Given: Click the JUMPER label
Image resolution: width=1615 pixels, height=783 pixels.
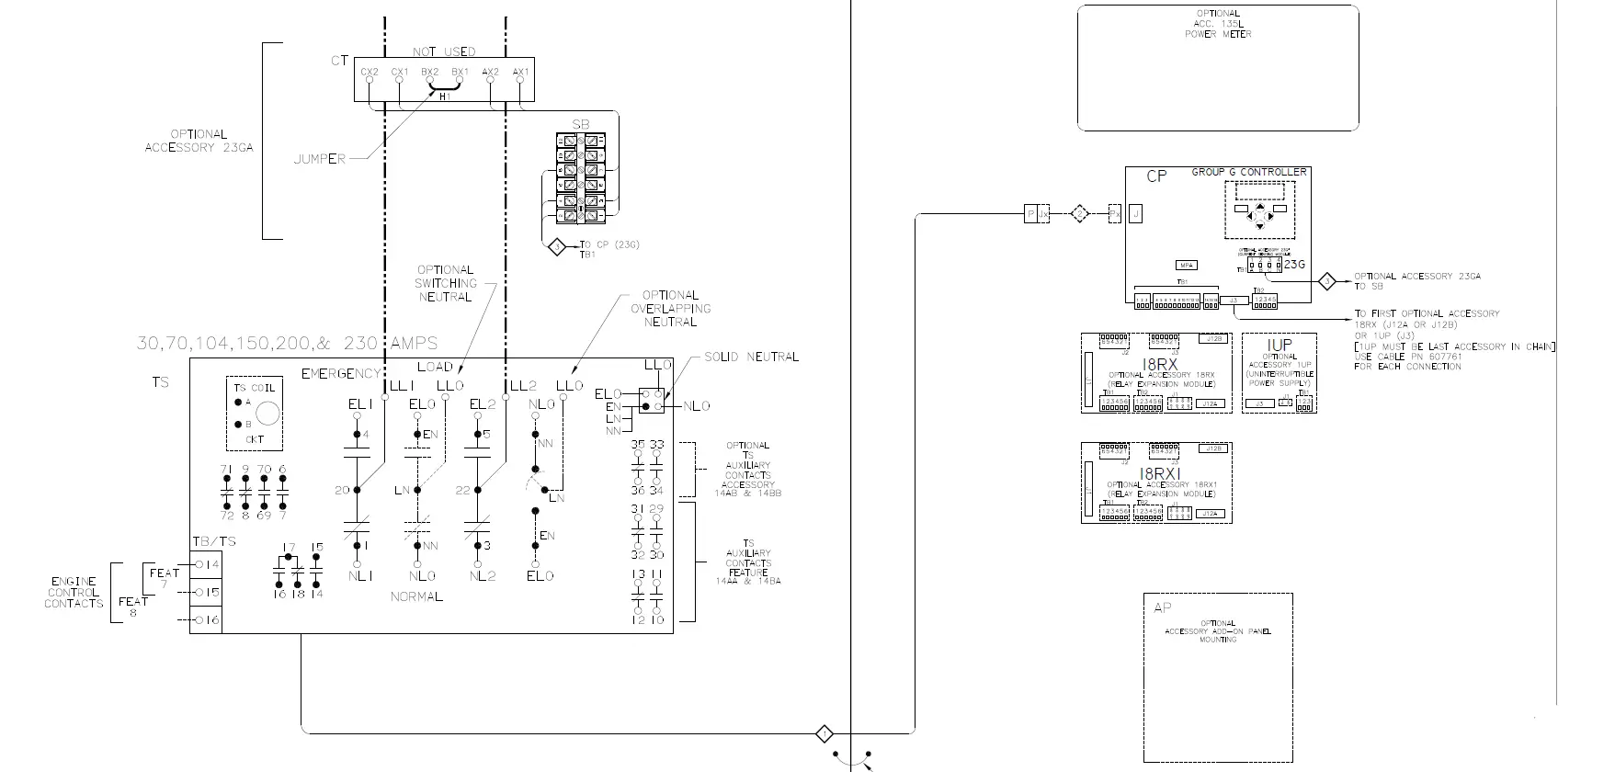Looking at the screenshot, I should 319,159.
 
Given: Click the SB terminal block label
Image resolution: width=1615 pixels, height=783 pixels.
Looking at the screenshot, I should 581,125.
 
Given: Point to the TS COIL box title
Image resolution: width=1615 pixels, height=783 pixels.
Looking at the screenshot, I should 255,388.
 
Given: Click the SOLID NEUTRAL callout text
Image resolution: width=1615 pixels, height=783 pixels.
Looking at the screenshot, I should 751,357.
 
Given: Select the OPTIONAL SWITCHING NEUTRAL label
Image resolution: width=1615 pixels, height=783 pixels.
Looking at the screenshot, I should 445,284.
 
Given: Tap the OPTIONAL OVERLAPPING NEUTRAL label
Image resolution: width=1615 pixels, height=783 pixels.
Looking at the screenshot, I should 670,309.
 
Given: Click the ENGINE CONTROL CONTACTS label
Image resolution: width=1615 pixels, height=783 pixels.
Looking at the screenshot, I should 74,593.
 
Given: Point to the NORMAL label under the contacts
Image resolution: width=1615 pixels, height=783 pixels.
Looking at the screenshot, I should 416,596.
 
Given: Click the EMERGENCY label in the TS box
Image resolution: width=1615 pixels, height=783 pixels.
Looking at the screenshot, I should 340,373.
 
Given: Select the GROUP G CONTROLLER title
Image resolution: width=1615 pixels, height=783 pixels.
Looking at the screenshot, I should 1248,172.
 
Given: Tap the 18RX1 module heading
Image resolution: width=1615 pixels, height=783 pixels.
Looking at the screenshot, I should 1153,473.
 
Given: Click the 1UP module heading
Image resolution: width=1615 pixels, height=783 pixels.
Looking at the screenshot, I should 1279,345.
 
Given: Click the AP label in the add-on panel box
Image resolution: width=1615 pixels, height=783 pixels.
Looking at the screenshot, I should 1163,607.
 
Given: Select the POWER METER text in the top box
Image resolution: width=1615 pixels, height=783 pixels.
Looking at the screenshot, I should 1218,34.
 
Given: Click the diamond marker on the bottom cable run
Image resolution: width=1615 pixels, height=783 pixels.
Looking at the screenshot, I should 825,733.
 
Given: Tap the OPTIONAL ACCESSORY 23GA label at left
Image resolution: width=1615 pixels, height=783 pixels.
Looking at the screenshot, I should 199,141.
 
